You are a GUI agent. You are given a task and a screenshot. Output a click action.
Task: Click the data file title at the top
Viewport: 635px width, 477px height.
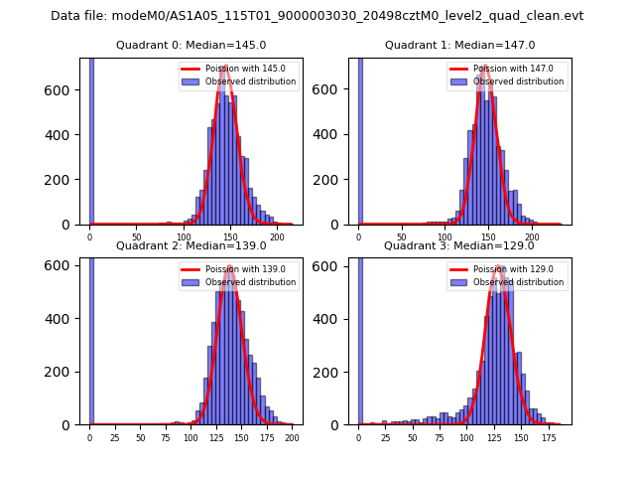[x=317, y=16]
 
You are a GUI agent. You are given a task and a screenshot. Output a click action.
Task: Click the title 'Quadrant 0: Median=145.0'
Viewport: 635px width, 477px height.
[x=190, y=45]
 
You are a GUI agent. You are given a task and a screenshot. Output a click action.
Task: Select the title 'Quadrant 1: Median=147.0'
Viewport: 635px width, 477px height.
[x=459, y=45]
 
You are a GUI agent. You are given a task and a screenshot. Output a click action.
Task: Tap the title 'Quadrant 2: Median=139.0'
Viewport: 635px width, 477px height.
[x=190, y=245]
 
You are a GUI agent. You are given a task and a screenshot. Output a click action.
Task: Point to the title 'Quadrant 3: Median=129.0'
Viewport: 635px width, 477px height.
[x=459, y=245]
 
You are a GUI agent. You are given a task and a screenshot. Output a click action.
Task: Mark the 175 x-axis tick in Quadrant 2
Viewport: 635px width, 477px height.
[x=266, y=438]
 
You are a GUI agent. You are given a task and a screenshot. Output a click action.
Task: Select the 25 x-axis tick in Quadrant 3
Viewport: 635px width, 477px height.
[x=380, y=438]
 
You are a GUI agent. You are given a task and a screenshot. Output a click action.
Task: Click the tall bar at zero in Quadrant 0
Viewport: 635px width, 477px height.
[x=91, y=139]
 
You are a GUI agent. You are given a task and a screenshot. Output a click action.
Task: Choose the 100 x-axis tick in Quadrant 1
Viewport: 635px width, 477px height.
[x=445, y=238]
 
